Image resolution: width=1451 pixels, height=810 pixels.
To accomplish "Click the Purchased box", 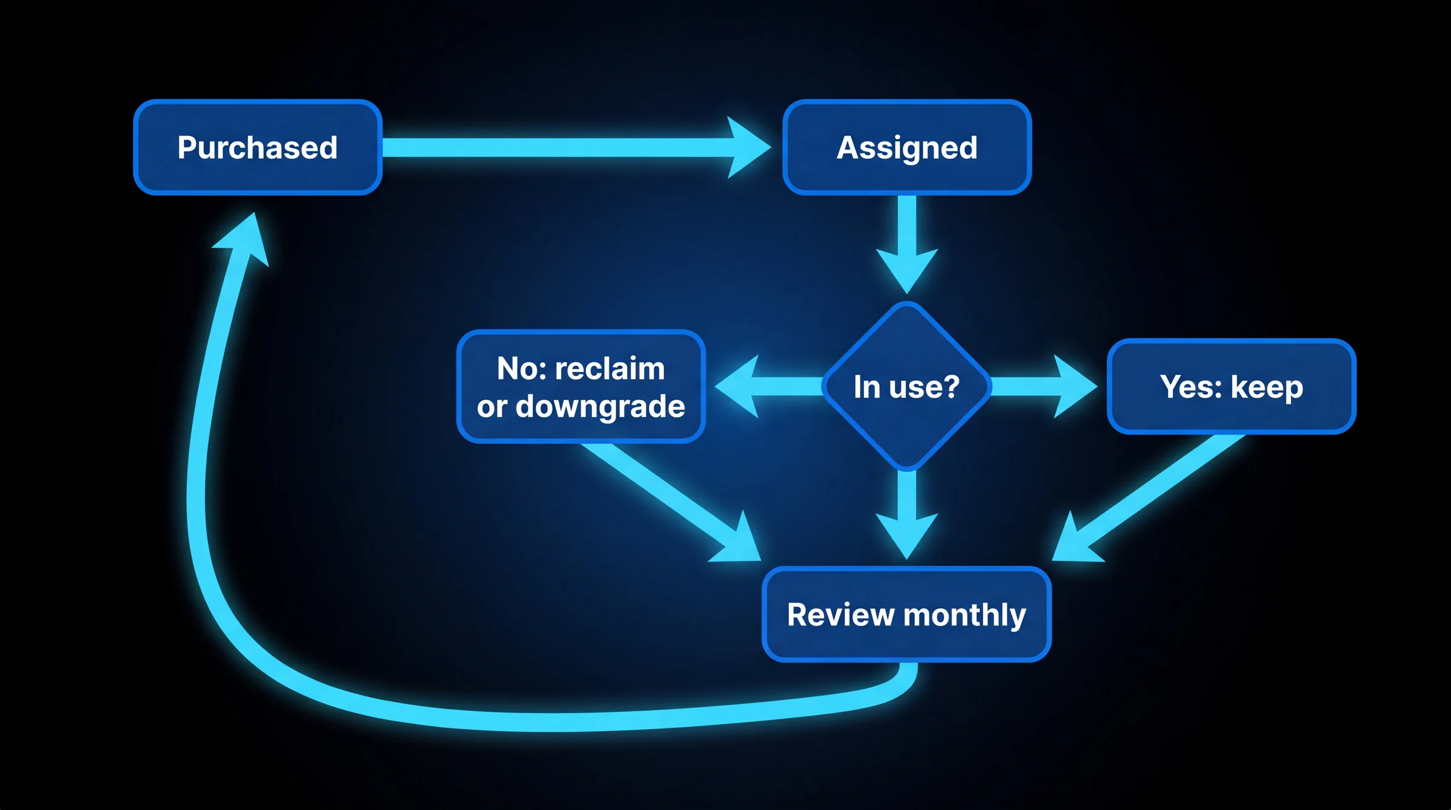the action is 258,147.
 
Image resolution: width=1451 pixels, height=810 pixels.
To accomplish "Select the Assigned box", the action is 907,147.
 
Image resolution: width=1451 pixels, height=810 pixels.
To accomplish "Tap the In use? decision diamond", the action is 907,386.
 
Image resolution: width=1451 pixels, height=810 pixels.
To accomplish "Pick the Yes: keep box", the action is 1232,386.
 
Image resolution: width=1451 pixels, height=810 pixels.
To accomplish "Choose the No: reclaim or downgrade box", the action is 581,386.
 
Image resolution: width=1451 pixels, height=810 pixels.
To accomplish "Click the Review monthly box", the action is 907,614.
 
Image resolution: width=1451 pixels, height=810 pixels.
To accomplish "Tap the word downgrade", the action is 600,407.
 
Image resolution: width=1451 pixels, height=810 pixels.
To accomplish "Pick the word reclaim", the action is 609,368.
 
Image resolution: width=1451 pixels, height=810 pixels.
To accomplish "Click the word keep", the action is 1267,387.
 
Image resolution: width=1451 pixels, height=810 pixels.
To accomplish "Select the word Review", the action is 840,615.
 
